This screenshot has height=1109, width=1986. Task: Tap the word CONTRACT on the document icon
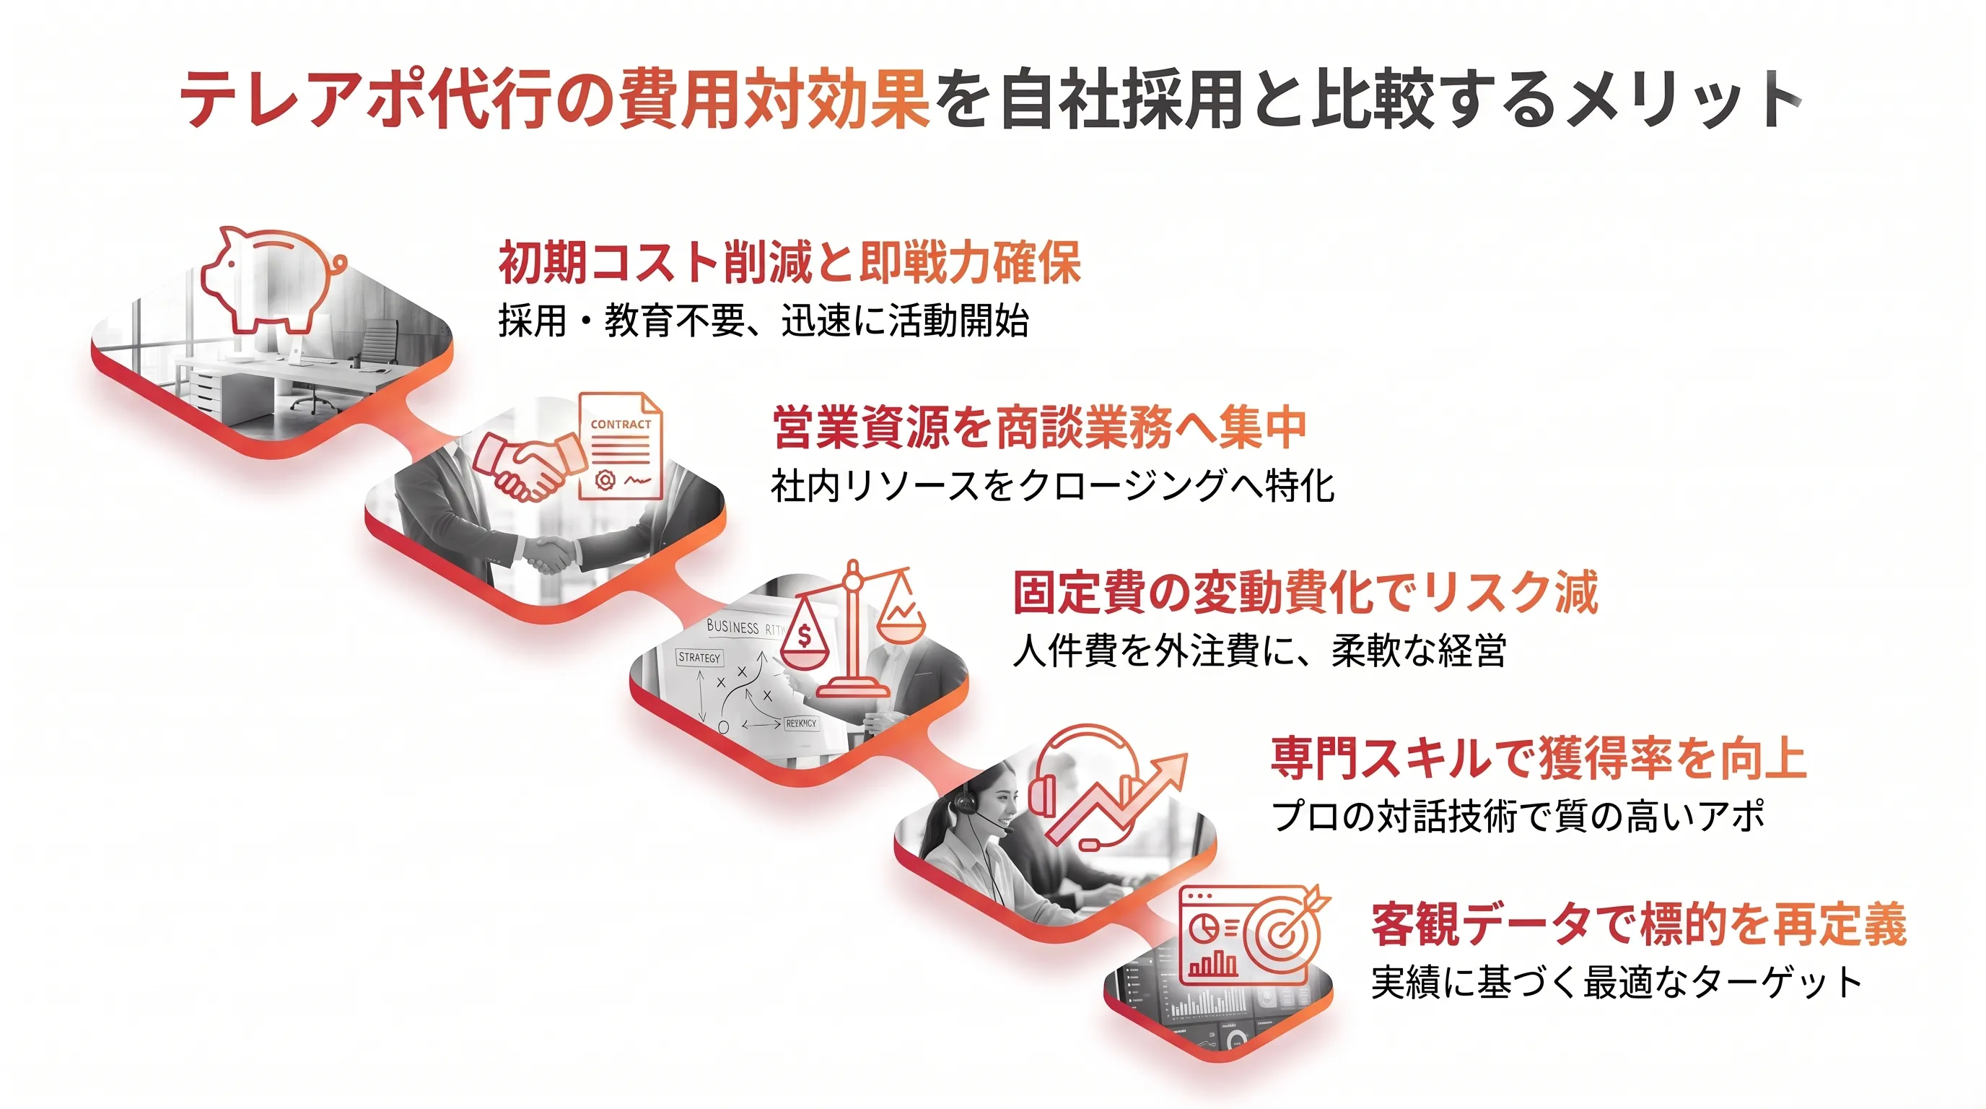coord(621,424)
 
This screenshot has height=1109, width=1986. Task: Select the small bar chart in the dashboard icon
coord(1212,963)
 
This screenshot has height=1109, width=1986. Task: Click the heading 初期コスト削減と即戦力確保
coord(789,262)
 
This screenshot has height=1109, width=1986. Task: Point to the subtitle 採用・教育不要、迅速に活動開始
coord(764,321)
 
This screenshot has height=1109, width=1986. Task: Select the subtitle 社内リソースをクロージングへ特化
coord(1052,486)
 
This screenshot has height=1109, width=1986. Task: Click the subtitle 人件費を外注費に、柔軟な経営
coord(1259,651)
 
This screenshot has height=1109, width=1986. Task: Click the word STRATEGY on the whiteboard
coord(699,658)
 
